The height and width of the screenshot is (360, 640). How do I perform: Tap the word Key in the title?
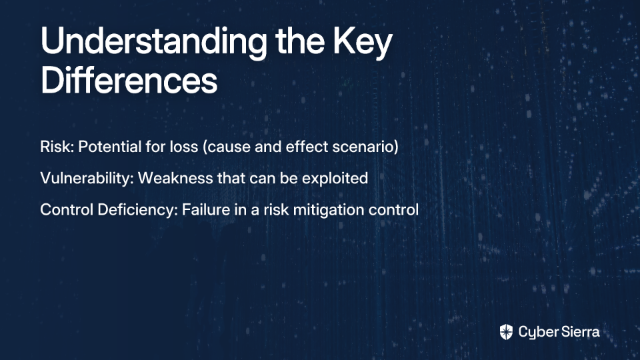pos(363,43)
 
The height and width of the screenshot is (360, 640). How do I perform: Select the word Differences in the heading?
pos(129,79)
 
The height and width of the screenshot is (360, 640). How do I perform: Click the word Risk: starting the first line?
pos(57,147)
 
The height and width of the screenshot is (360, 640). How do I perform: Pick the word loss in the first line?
pos(184,147)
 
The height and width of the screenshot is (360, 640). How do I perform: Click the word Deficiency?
pos(138,210)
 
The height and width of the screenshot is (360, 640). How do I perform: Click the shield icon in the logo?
pos(506,332)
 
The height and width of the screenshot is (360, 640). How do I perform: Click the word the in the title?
pos(300,41)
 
